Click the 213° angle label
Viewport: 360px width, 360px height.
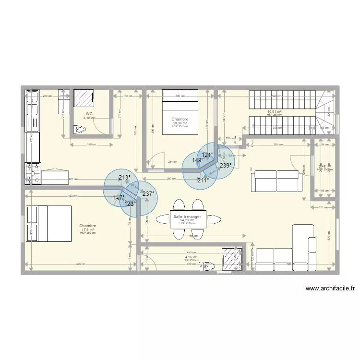coord(124,178)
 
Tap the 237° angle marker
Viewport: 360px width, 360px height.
coord(148,194)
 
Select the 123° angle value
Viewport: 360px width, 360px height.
coord(130,204)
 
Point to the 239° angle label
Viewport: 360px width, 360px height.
coord(226,165)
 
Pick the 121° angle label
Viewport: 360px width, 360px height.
coord(207,155)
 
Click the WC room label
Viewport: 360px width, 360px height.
coord(89,114)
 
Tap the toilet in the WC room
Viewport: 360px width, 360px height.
coord(81,129)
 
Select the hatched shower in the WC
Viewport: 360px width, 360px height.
coord(83,98)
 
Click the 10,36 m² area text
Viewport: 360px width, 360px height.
coord(180,123)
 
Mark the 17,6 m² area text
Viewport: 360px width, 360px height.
coord(88,229)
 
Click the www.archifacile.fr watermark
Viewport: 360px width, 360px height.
coord(330,288)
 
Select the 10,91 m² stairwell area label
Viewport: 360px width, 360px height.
coord(274,112)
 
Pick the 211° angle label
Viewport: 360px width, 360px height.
coord(203,180)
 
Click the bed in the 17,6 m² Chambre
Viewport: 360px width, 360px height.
coord(48,224)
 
